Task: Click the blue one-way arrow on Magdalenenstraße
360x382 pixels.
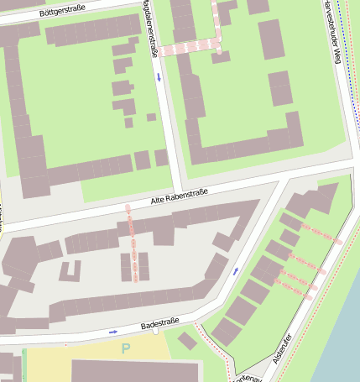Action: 159,77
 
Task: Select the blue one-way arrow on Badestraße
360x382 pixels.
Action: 113,332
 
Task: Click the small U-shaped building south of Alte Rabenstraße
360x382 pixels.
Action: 70,271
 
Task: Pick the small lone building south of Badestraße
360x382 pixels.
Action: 188,341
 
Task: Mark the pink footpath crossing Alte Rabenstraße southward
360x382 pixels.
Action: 133,243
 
